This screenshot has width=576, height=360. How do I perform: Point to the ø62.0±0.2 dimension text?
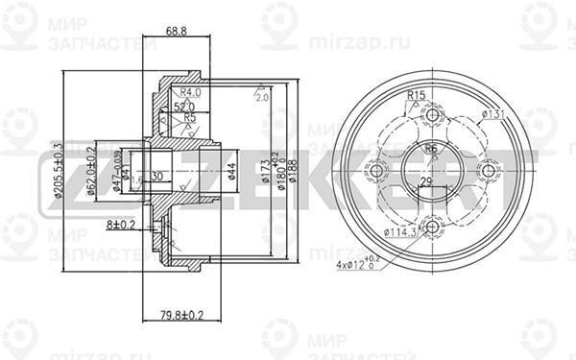pyautogui.click(x=89, y=171)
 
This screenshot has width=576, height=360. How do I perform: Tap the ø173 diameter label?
pyautogui.click(x=263, y=171)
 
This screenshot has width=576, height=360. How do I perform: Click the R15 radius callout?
pyautogui.click(x=416, y=95)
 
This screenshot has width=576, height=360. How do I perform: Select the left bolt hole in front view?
pyautogui.click(x=377, y=171)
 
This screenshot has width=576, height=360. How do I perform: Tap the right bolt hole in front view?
pyautogui.click(x=489, y=171)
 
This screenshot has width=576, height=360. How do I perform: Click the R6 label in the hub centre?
pyautogui.click(x=431, y=150)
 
